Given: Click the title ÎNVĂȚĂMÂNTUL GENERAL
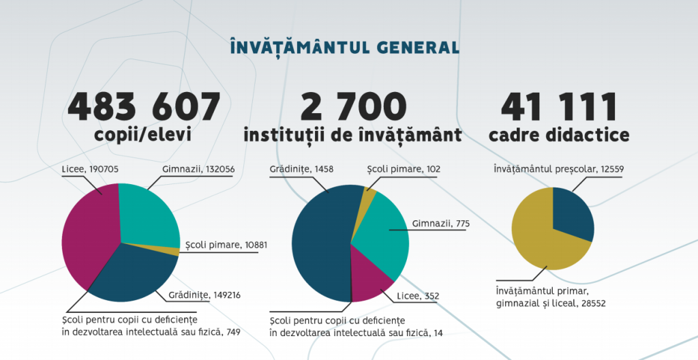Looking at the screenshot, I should (x=344, y=47).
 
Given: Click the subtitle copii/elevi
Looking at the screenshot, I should (x=142, y=135).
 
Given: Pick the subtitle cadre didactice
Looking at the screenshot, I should (x=559, y=135).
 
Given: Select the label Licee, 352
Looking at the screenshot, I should (x=418, y=295).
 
